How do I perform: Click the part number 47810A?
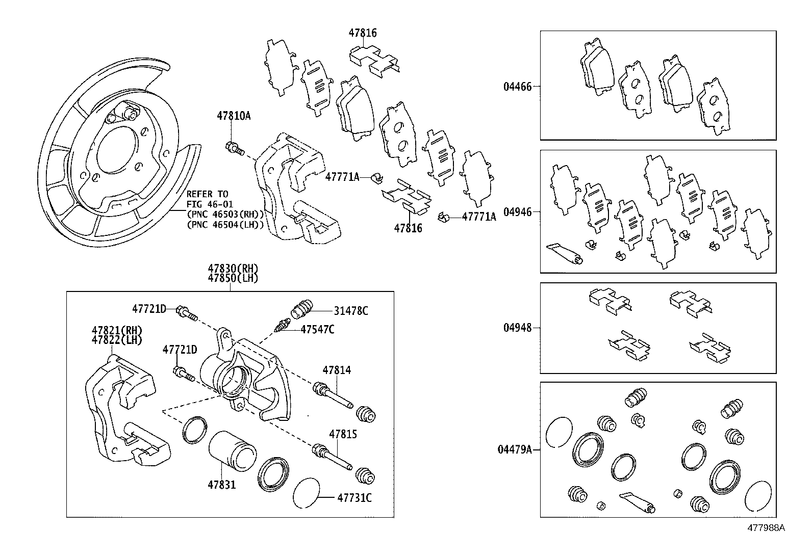pos(233,116)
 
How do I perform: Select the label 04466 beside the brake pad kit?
pos(517,87)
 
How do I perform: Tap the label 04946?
pos(517,211)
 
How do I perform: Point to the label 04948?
pos(517,328)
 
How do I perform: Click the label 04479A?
pos(515,449)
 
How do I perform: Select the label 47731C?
pos(354,497)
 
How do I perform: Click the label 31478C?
pos(351,311)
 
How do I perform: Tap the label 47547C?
pos(317,329)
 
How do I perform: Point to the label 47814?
pos(336,370)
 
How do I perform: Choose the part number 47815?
pos(343,434)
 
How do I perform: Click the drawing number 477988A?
pos(766,528)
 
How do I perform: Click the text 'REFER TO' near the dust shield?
pos(207,194)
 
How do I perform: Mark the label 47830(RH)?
pos(233,269)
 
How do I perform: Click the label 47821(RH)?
pos(117,330)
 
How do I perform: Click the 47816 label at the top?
pos(363,33)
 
